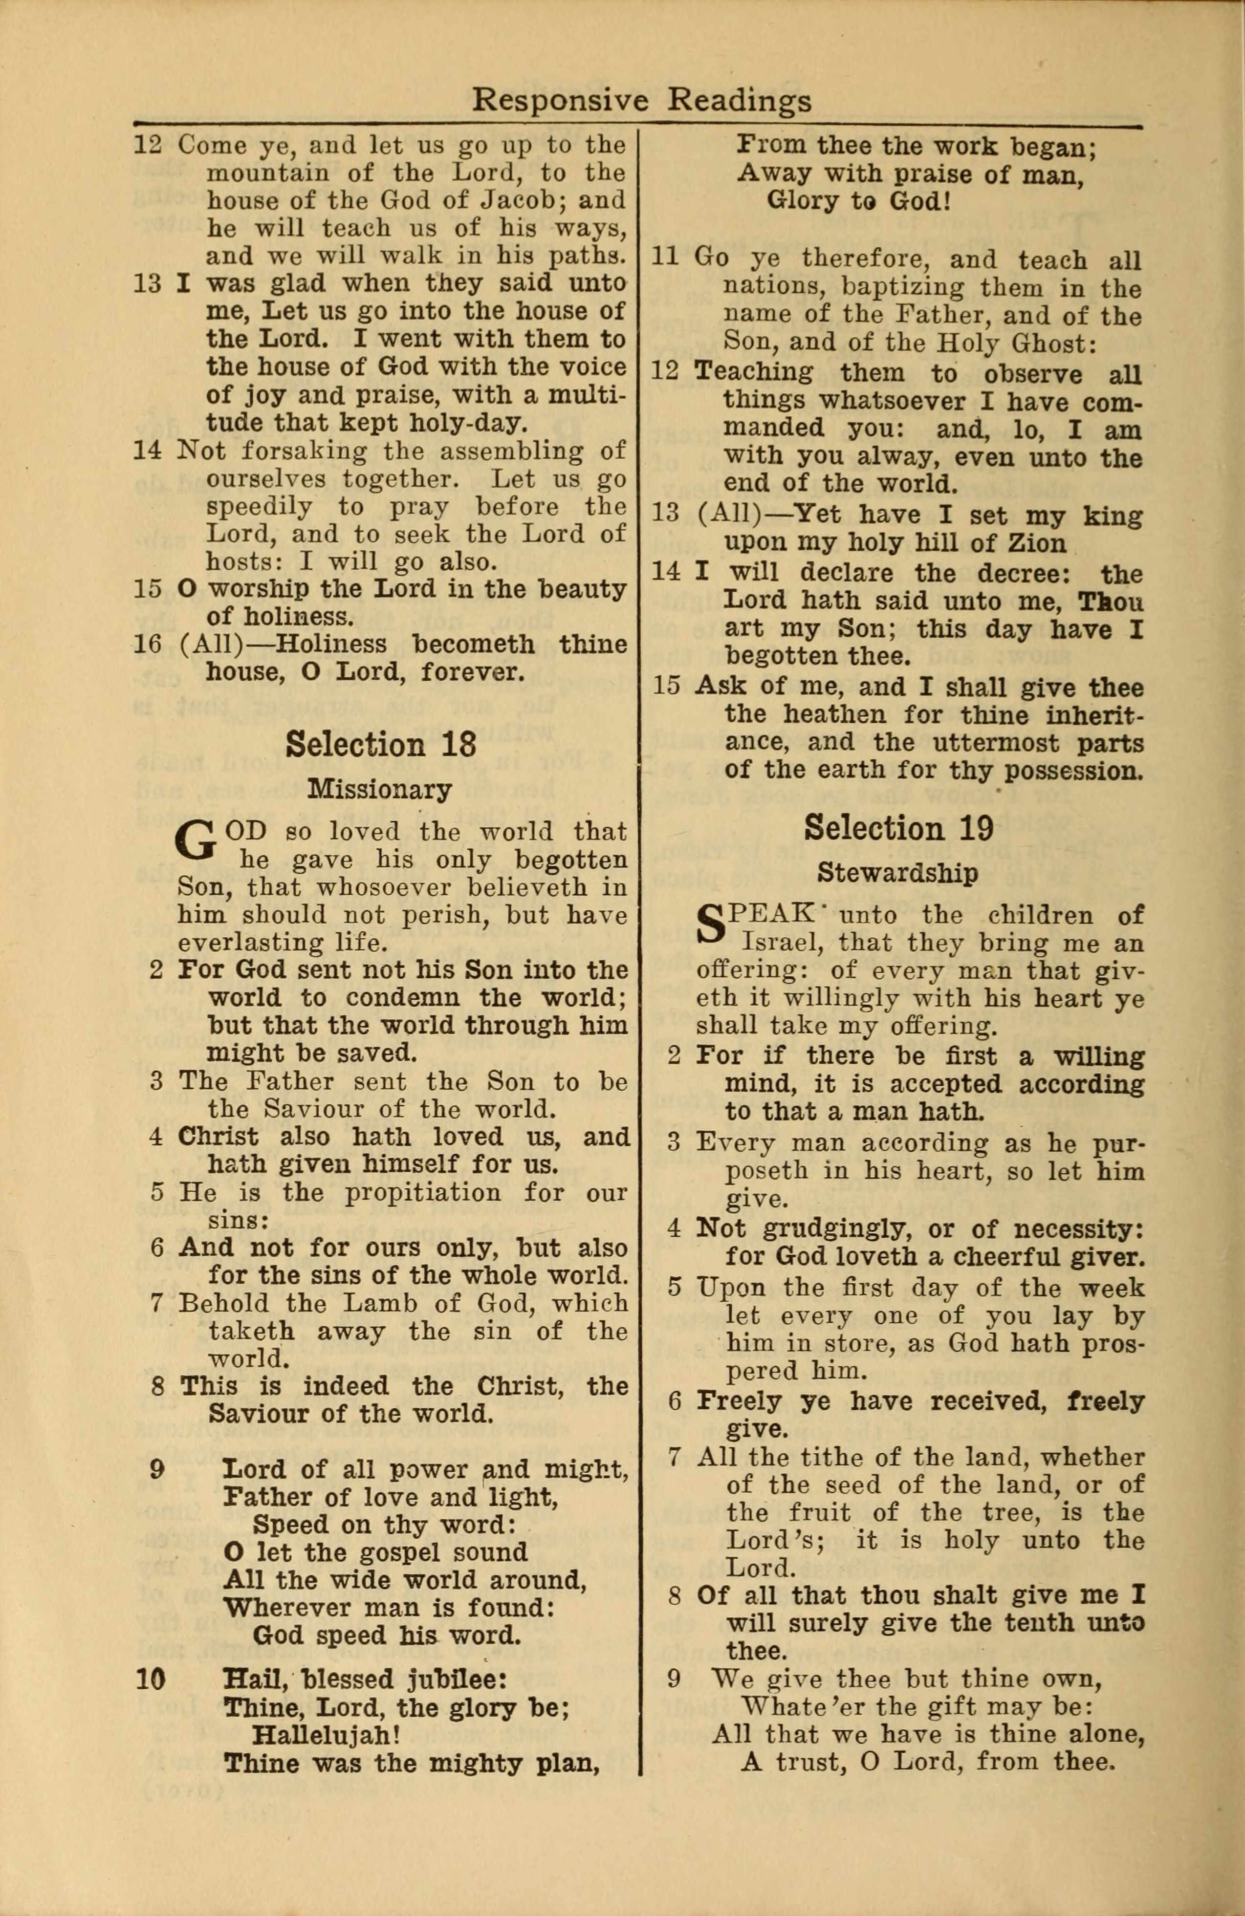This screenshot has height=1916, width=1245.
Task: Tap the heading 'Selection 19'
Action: [899, 828]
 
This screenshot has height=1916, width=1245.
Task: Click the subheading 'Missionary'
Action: [379, 789]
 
